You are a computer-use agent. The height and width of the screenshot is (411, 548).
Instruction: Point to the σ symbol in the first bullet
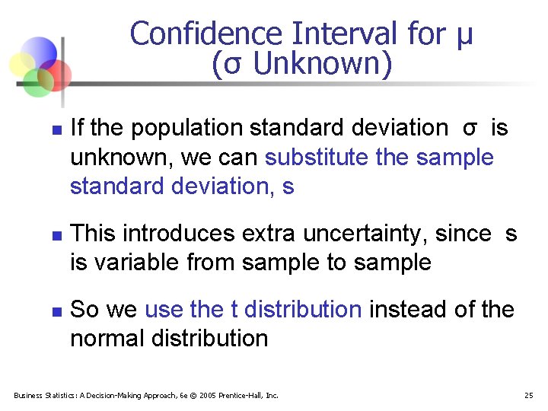(470, 129)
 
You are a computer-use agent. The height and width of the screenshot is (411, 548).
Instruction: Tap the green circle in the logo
(36, 82)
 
